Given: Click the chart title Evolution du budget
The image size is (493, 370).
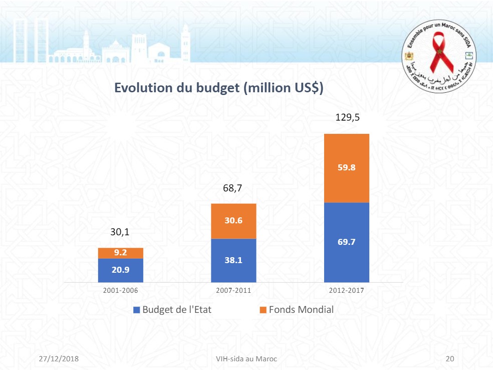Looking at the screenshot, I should click(218, 88).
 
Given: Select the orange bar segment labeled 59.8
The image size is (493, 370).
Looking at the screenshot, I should click(346, 168).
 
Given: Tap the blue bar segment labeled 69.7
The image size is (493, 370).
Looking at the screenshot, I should click(346, 242).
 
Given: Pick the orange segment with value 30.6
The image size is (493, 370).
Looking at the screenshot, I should click(233, 221).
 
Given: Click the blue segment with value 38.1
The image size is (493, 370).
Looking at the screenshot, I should click(233, 260).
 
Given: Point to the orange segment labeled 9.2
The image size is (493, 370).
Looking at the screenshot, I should click(121, 253).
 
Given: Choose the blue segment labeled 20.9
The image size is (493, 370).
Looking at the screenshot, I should click(121, 270).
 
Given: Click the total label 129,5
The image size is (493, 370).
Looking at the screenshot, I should click(347, 117).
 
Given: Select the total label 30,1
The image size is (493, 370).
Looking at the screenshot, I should click(120, 232).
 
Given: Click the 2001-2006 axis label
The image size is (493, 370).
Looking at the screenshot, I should click(121, 290).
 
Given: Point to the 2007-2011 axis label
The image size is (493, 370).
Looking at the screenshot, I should click(234, 290).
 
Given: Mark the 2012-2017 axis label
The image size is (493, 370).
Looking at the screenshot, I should click(346, 290).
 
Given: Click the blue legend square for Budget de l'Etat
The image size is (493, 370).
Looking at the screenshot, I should click(136, 310).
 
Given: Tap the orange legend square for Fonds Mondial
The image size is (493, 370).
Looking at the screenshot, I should click(262, 310).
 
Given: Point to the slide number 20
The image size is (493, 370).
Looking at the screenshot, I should click(450, 359).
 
